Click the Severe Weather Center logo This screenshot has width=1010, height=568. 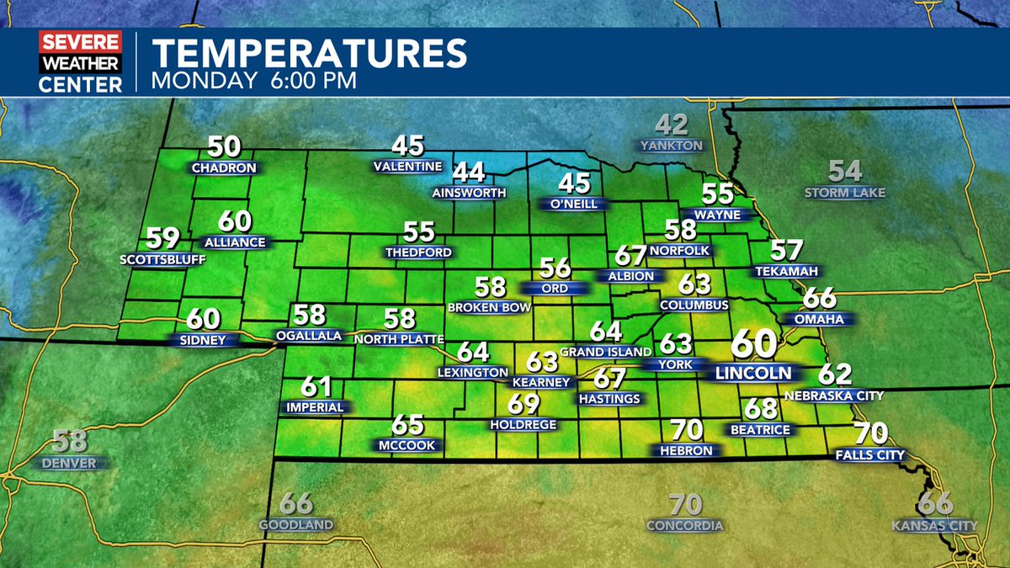[80, 61]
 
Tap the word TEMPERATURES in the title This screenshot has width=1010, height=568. [309, 53]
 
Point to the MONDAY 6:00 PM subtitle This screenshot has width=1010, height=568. [254, 81]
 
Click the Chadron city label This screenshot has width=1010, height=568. [224, 167]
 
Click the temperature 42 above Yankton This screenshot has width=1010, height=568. [672, 125]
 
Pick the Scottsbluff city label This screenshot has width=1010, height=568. [163, 259]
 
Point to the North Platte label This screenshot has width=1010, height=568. [399, 338]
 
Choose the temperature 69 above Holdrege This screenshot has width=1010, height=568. [524, 404]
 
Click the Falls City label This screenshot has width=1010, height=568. [870, 455]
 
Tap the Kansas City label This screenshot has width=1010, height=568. [935, 526]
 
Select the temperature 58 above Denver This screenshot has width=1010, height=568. [71, 441]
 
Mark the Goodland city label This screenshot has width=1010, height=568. [296, 525]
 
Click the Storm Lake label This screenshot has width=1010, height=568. [845, 193]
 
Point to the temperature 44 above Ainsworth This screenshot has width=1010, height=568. [470, 172]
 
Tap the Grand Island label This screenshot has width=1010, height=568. [606, 351]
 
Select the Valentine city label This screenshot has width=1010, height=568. [408, 166]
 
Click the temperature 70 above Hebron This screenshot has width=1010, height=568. [687, 430]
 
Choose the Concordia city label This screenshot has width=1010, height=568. [685, 526]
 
